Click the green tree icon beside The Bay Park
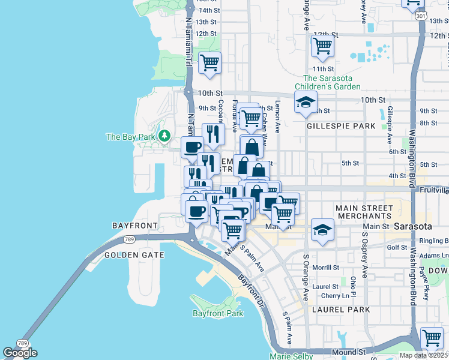[163, 137]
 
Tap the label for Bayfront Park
[218, 313]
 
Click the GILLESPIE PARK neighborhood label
[341, 126]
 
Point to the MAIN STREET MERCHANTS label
[364, 212]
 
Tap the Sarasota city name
[413, 227]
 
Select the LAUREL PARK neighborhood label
[341, 310]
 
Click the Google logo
[20, 353]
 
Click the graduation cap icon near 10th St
[306, 102]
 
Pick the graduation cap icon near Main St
[322, 230]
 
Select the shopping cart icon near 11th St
[322, 46]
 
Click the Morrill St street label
[326, 268]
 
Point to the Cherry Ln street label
[335, 296]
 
